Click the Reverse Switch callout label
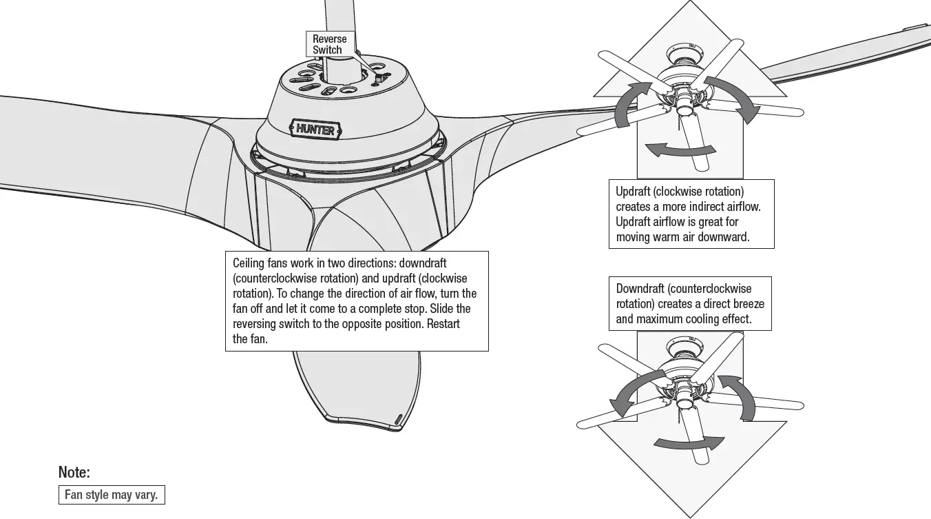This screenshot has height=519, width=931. point(329,44)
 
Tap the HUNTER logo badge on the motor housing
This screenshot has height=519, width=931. point(315,130)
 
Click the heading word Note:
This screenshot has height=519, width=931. point(74,473)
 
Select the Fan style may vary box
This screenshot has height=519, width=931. point(112,495)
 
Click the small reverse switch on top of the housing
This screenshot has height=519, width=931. point(377,79)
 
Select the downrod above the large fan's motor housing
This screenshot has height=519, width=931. point(340,28)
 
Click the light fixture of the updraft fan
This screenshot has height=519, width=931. point(685,105)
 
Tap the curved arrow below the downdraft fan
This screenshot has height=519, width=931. point(689,442)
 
